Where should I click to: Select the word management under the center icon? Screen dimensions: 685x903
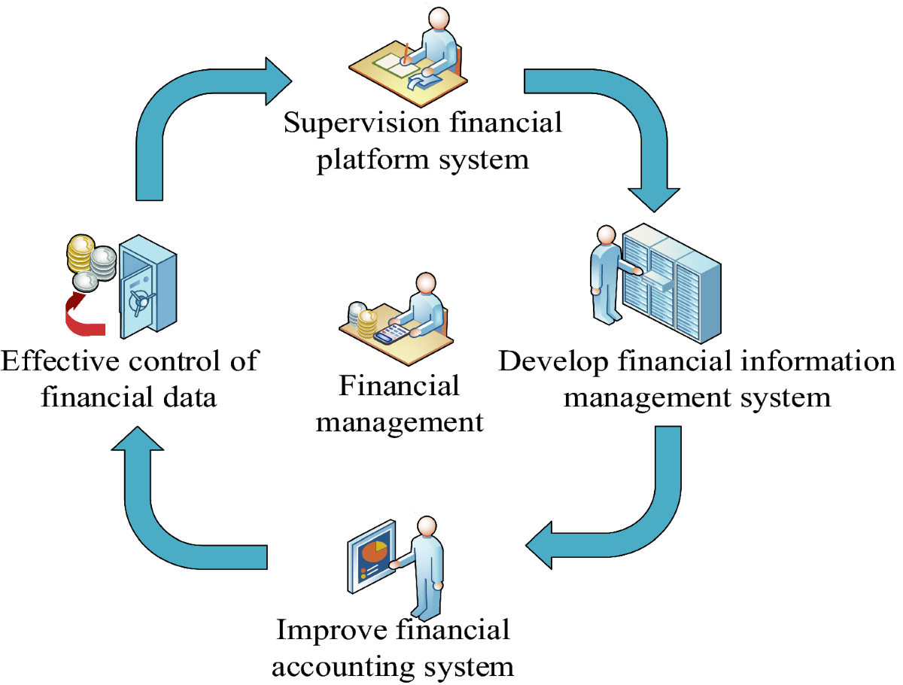(x=400, y=422)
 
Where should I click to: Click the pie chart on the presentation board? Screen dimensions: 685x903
(x=374, y=553)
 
